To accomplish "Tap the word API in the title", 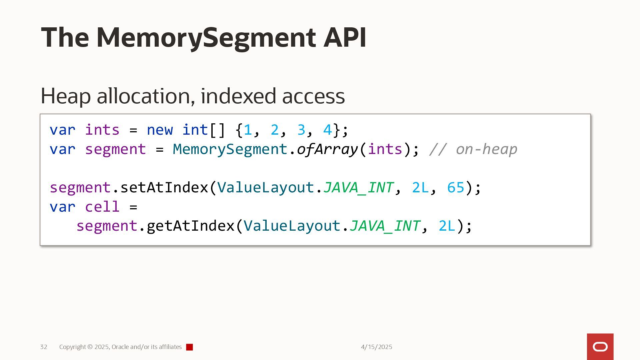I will click(x=345, y=37).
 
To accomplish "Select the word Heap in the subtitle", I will click(x=65, y=96).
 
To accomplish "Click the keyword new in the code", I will click(x=160, y=130).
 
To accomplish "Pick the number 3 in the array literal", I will click(x=301, y=130).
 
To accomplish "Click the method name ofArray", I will click(x=327, y=149).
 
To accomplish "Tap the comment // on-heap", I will click(x=473, y=149).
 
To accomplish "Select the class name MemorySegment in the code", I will click(x=230, y=149).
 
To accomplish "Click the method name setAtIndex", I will click(x=164, y=187).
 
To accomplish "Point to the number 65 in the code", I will click(x=456, y=187).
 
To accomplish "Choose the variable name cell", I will click(x=102, y=207).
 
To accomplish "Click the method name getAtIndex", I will click(x=190, y=226).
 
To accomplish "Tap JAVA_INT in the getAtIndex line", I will click(x=385, y=226).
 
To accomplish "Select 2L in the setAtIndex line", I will click(x=420, y=187).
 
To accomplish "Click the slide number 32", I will click(x=44, y=347).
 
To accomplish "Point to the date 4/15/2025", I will click(x=376, y=347).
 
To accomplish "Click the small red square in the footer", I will click(x=189, y=347).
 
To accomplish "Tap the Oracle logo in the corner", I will click(x=600, y=347).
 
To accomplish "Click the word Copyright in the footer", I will click(x=72, y=347).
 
